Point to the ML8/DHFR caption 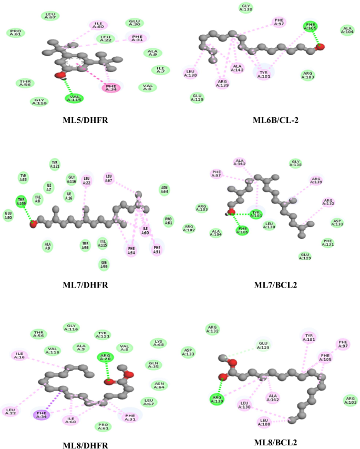click(85, 445)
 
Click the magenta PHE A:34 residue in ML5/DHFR click(111, 87)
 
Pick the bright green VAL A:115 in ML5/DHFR click(75, 98)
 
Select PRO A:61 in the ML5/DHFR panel click(16, 33)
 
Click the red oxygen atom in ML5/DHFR click(60, 75)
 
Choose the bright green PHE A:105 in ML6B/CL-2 click(311, 26)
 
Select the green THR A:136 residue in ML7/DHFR click(22, 201)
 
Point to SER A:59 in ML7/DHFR click(105, 264)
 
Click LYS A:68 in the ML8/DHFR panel click(157, 343)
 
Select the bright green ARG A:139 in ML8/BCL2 click(215, 399)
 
